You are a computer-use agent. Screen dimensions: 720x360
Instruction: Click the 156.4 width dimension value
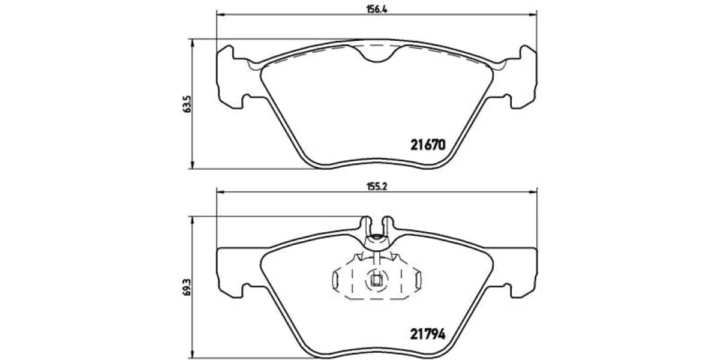(377, 10)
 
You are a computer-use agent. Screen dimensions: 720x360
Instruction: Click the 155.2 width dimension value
(377, 187)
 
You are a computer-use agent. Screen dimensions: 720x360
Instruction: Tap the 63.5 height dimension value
(187, 104)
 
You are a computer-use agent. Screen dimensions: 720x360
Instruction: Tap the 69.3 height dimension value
(187, 287)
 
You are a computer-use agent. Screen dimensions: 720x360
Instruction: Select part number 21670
(428, 145)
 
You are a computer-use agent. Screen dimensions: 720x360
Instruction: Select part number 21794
(428, 335)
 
